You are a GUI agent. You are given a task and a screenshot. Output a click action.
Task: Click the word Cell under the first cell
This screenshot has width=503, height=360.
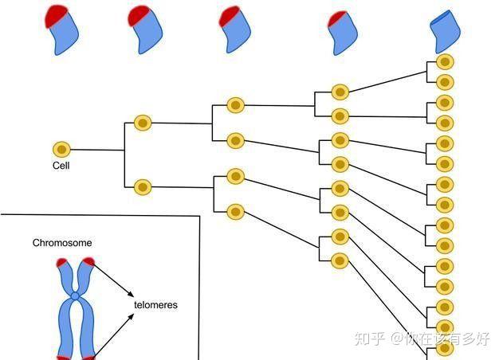pyautogui.click(x=61, y=166)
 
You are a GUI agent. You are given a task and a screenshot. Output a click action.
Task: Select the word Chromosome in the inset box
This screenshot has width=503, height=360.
pyautogui.click(x=62, y=243)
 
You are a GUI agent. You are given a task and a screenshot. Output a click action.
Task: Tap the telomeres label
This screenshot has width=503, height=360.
pyautogui.click(x=155, y=304)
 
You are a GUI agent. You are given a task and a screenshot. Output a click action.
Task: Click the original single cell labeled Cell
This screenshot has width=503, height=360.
pyautogui.click(x=61, y=150)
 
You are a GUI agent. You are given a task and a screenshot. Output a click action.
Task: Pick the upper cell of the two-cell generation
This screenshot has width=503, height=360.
pyautogui.click(x=143, y=123)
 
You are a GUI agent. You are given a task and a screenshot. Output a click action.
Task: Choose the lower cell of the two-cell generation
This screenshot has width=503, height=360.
pyautogui.click(x=143, y=187)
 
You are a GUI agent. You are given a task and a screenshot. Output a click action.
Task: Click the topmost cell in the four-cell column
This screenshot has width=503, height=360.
pyautogui.click(x=235, y=105)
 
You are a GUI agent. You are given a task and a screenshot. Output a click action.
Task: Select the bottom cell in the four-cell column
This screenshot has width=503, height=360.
pyautogui.click(x=235, y=212)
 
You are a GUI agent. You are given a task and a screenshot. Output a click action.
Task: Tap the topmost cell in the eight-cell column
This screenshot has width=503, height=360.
pyautogui.click(x=340, y=92)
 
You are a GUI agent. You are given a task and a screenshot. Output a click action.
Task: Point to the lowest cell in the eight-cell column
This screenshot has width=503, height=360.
pyautogui.click(x=340, y=261)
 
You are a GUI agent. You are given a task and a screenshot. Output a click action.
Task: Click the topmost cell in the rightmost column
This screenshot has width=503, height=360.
pyautogui.click(x=445, y=62)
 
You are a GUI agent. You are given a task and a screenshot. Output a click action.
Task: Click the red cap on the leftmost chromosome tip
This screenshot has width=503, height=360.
pyautogui.click(x=55, y=16)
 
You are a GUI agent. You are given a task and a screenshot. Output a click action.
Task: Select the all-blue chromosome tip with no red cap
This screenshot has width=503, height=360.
pyautogui.click(x=445, y=31)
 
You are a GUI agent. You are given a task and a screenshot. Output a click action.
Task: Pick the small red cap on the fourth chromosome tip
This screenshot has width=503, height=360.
pyautogui.click(x=336, y=18)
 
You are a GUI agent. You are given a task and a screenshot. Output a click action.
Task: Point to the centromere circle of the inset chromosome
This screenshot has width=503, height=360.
pyautogui.click(x=75, y=296)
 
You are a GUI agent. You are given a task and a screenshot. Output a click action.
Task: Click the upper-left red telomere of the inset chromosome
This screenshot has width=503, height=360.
pyautogui.click(x=61, y=262)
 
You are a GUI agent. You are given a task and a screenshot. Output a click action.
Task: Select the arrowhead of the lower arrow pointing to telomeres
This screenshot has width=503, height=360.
pyautogui.click(x=131, y=317)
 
